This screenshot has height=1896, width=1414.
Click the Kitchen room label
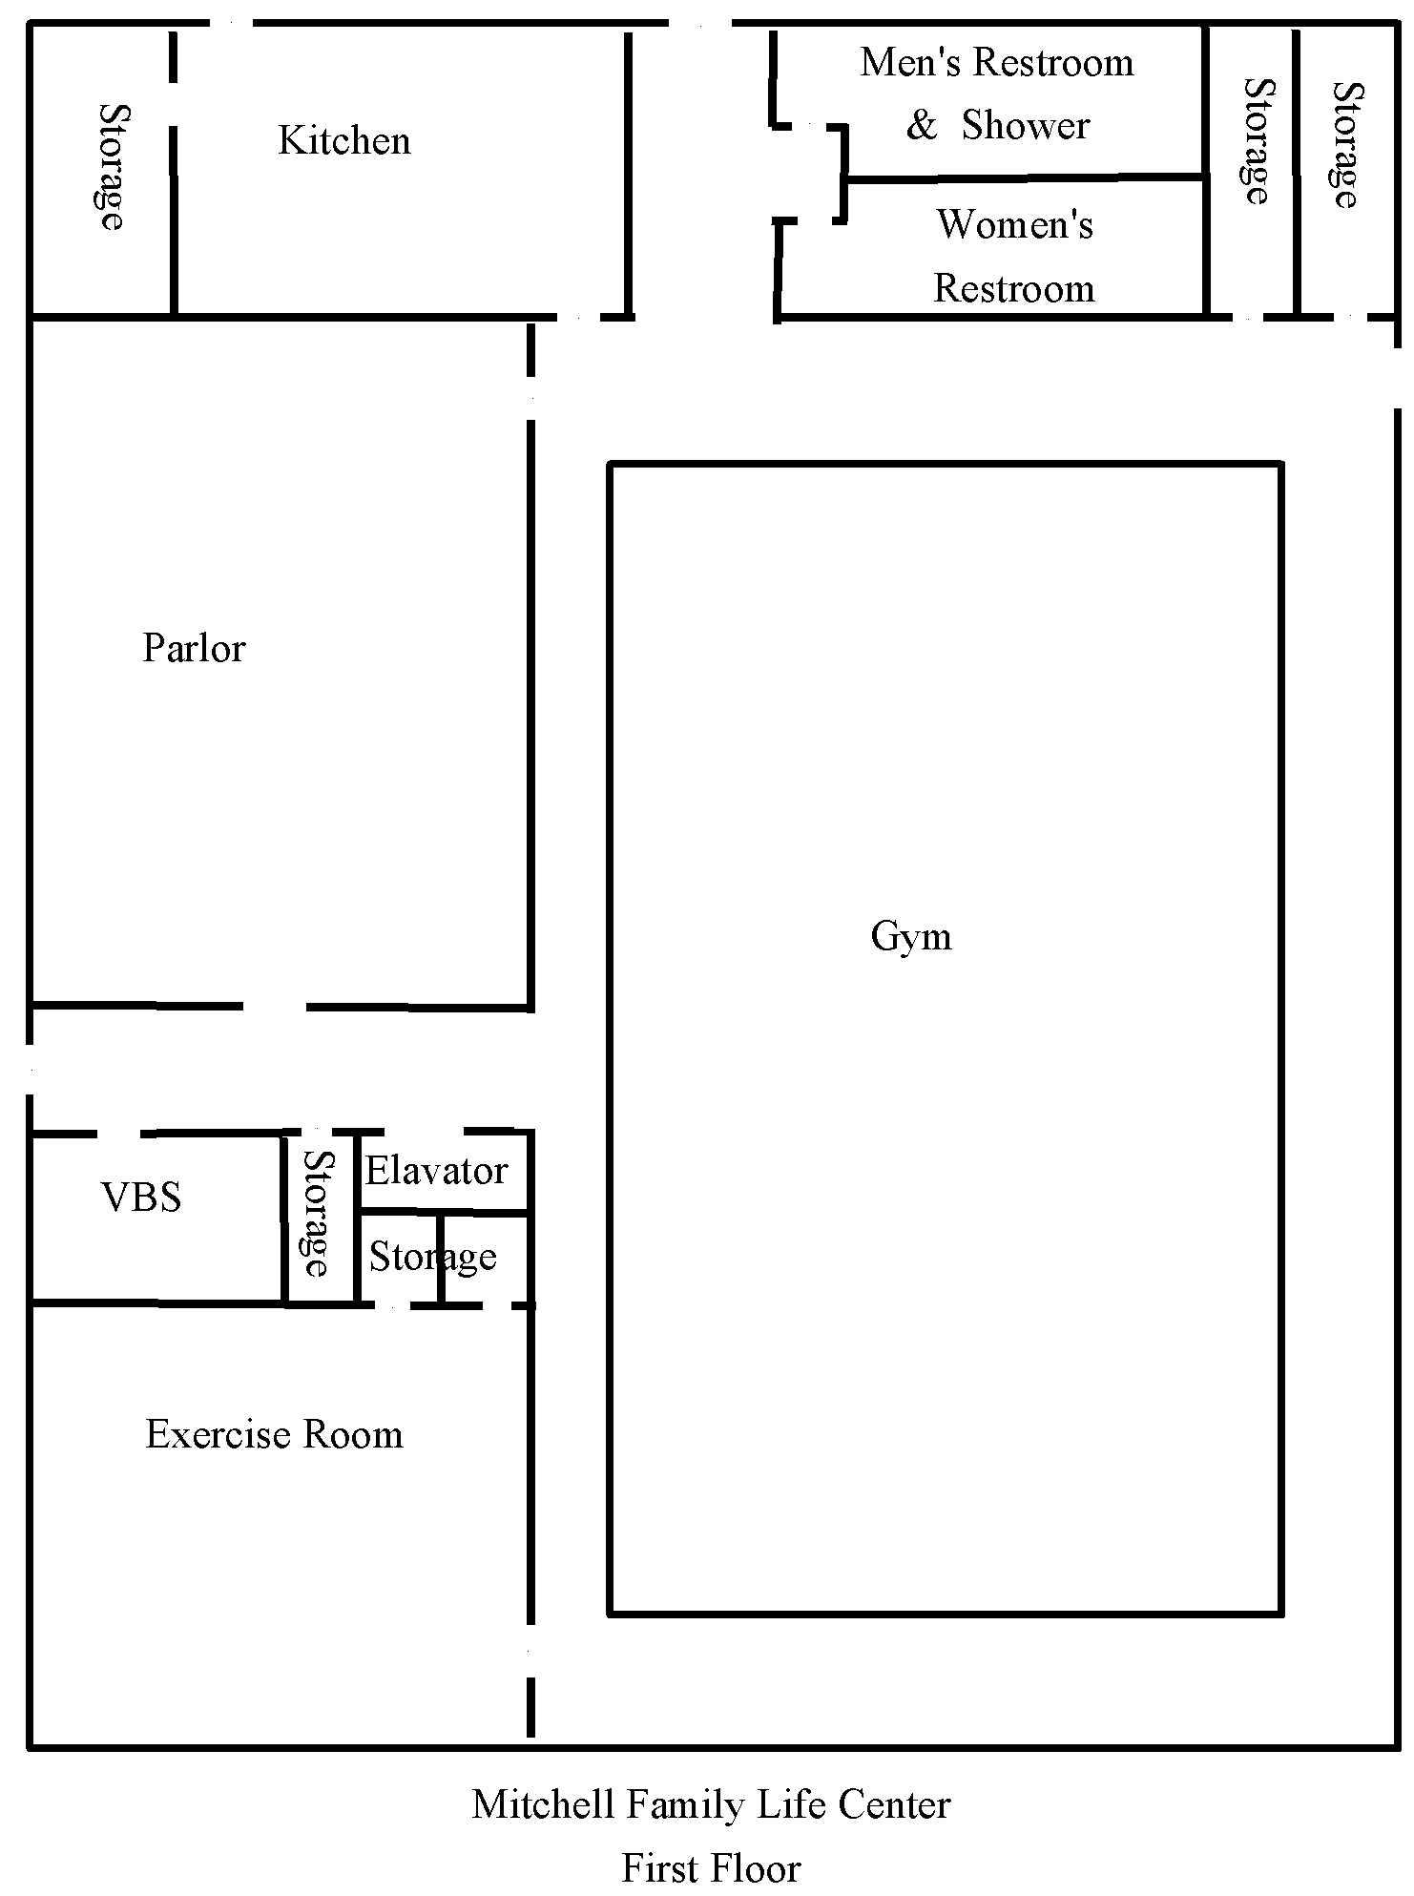344,141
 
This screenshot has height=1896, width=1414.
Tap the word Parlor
194,649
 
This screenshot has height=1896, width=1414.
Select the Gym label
911,938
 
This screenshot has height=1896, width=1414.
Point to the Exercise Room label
274,1435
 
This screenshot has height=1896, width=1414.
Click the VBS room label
141,1198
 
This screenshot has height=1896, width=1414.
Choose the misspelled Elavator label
436,1171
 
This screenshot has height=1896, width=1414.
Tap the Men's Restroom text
997,63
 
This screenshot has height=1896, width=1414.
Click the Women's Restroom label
1014,257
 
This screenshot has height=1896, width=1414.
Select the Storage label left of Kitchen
112,167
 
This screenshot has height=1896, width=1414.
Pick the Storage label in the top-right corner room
1346,145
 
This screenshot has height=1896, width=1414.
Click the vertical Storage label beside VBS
318,1214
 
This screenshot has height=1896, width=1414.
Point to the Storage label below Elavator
432,1258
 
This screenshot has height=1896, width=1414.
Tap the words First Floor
711,1868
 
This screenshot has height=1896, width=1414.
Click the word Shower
1026,126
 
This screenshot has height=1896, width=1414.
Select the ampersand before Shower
921,126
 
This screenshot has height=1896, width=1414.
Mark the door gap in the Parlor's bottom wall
275,1007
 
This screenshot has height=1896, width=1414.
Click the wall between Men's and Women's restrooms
1025,177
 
